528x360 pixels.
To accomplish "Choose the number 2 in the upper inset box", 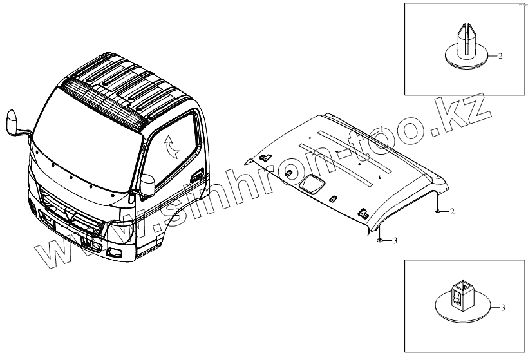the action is pyautogui.click(x=499, y=57).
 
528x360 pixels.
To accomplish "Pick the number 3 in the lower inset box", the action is pyautogui.click(x=503, y=307).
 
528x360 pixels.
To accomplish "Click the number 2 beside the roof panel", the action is pyautogui.click(x=452, y=211).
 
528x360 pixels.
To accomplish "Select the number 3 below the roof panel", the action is pyautogui.click(x=395, y=240).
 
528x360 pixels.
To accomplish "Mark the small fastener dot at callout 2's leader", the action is pyautogui.click(x=438, y=211).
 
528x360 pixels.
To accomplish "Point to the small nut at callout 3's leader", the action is pyautogui.click(x=380, y=240).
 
